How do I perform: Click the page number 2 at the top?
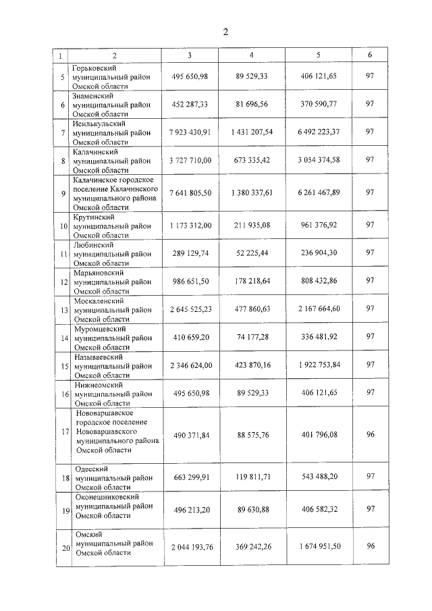click(226, 32)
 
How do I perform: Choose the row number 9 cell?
click(62, 192)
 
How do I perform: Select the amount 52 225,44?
click(251, 254)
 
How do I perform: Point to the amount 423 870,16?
click(251, 365)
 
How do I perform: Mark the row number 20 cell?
click(62, 548)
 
